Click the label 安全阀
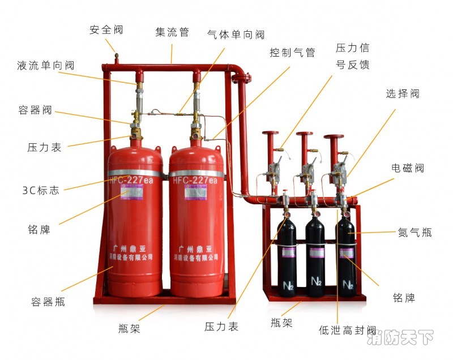coord(106,29)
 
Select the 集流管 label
coord(172,32)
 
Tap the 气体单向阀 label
coord(236,35)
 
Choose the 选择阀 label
coord(403,94)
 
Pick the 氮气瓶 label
coord(415,232)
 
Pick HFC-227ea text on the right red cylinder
coord(195,180)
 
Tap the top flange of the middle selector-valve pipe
coord(305,135)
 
